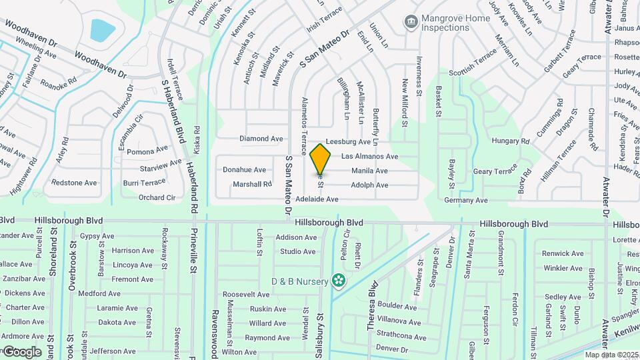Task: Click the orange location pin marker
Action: tap(321, 159)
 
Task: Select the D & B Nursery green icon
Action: tap(339, 280)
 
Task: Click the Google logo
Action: tap(22, 352)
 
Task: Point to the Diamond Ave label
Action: tap(261, 139)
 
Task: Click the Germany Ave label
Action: tap(467, 200)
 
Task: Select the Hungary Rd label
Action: tap(510, 141)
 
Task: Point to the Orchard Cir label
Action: tap(157, 197)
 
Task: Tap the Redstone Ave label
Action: tap(74, 183)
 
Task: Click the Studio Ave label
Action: tap(297, 251)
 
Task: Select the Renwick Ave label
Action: tap(563, 253)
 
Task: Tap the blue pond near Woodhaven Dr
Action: tap(103, 30)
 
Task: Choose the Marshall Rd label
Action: tap(252, 184)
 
